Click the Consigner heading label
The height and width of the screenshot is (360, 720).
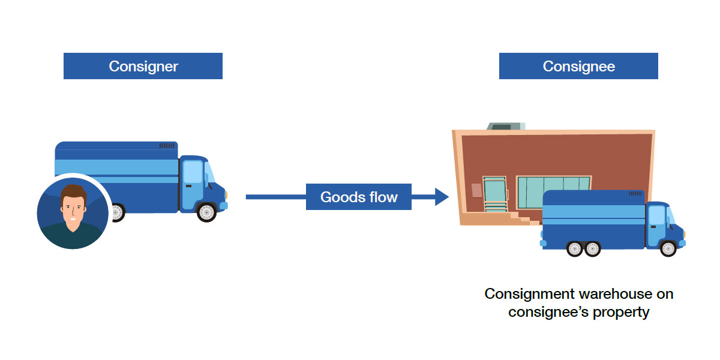pos(143,66)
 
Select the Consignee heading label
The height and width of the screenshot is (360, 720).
pos(578,66)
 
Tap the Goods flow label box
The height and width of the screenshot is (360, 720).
pos(359,197)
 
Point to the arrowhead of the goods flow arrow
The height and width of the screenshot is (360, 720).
pos(442,197)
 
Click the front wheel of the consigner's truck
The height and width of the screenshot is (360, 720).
pos(206,212)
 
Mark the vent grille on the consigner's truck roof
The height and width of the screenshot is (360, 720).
pos(167,146)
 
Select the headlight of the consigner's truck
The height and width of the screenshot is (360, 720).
pos(223,206)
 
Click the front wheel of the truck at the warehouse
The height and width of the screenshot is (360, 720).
pos(668,248)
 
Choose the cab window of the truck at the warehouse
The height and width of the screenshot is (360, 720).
pos(657,217)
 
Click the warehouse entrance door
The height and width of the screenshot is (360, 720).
pos(495,193)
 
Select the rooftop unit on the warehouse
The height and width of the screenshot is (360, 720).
pos(505,126)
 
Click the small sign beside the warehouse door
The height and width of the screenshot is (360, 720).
pos(476,190)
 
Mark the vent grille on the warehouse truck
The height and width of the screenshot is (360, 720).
pos(637,194)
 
